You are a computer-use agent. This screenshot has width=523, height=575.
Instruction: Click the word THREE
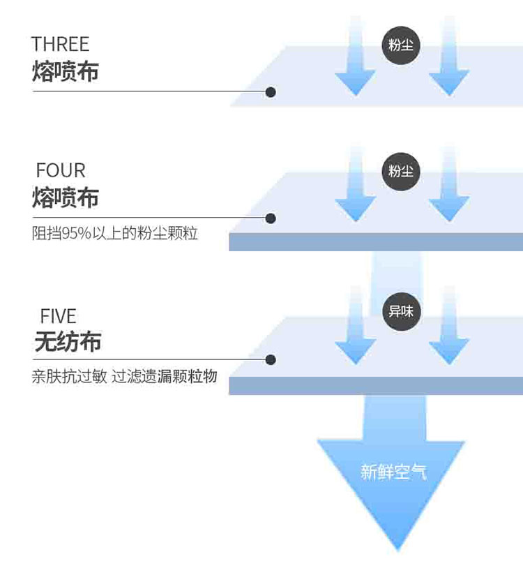click(x=60, y=45)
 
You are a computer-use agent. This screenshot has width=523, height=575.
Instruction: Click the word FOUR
click(x=61, y=170)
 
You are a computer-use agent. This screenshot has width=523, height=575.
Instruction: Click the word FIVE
click(x=58, y=316)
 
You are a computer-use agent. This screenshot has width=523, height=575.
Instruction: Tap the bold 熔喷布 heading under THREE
click(x=65, y=71)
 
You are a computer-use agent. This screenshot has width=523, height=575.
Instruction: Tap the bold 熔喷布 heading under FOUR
click(x=65, y=197)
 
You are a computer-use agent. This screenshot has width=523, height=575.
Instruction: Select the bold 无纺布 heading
click(x=68, y=342)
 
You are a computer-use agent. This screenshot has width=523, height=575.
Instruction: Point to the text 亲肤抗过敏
click(x=69, y=378)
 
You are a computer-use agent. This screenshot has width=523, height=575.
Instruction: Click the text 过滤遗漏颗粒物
click(x=165, y=378)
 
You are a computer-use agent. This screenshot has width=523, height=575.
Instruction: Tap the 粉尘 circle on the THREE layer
click(x=401, y=45)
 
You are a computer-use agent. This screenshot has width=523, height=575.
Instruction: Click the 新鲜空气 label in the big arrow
click(x=393, y=472)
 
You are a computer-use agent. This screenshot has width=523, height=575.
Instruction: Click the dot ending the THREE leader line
click(x=271, y=92)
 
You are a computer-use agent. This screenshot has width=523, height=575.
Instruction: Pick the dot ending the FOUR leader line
click(x=271, y=218)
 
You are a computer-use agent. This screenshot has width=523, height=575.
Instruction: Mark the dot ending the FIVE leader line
click(x=271, y=360)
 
